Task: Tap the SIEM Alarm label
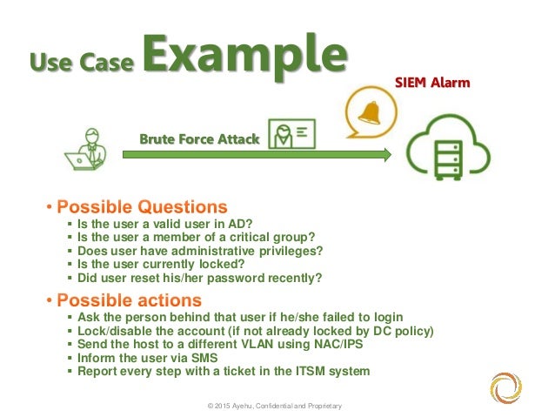[432, 84]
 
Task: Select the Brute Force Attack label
[199, 138]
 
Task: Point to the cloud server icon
[449, 151]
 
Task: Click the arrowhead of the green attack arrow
[384, 155]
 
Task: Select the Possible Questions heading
[142, 207]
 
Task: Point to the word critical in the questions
[259, 236]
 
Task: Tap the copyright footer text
[274, 406]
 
